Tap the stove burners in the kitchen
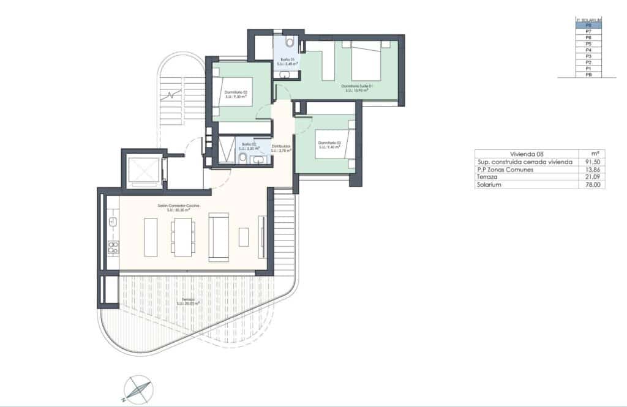(x=113, y=247)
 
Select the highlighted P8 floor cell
(x=588, y=25)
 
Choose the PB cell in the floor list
(x=588, y=75)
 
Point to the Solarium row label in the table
(x=490, y=185)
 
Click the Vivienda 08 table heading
(x=527, y=154)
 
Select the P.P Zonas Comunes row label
(x=509, y=170)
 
